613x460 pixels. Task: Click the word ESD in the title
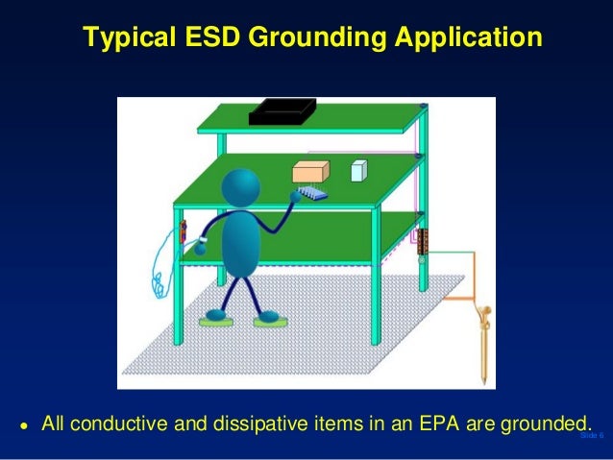click(214, 37)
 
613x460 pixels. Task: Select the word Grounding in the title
click(314, 37)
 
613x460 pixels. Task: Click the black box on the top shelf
click(282, 112)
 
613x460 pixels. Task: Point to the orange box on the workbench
click(310, 172)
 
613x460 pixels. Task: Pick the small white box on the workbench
click(358, 170)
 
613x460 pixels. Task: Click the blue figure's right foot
click(269, 317)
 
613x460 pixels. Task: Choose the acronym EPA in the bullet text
click(439, 423)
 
